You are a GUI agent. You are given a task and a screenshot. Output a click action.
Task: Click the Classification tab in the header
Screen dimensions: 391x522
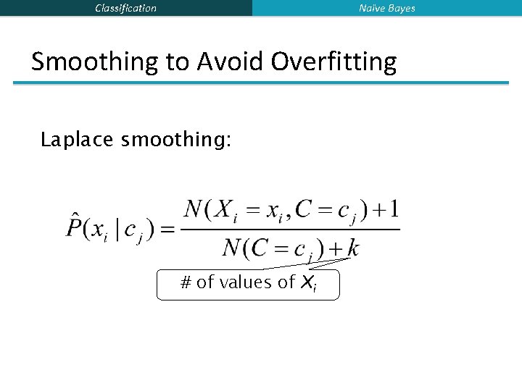point(125,8)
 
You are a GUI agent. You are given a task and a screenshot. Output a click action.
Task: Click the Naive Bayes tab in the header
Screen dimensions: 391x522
point(387,8)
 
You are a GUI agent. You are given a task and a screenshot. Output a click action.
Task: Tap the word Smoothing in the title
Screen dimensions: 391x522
point(95,62)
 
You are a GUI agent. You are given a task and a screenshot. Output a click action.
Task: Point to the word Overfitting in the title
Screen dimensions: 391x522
point(334,62)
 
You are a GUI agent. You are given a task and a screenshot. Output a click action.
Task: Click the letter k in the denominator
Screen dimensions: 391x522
point(353,248)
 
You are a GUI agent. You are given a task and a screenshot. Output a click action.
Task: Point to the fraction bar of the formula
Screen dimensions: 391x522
point(290,230)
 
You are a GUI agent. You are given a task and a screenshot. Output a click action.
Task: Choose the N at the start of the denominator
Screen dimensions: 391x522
point(231,248)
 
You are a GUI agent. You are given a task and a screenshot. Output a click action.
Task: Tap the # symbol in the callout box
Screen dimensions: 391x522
point(185,282)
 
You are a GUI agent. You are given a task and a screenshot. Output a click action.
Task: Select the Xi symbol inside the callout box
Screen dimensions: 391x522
point(308,283)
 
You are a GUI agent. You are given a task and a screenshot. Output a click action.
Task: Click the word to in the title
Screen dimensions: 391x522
point(176,62)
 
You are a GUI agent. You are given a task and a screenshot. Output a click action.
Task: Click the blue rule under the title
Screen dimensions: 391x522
point(261,83)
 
